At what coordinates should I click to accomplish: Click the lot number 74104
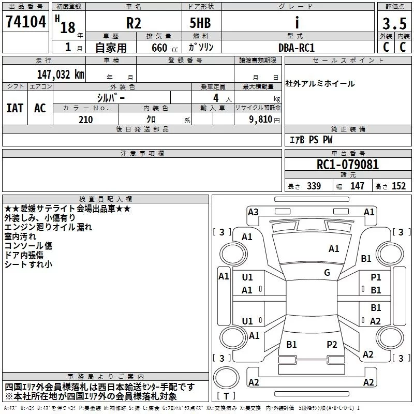point(26,22)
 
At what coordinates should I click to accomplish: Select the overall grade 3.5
point(394,23)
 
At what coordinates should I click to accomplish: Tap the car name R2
point(134,23)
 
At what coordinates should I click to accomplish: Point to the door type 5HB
point(200,23)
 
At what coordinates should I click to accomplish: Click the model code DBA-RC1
point(297,48)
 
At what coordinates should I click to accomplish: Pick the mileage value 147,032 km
point(61,75)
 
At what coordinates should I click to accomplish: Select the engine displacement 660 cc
point(165,48)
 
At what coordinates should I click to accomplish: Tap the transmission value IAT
point(14,108)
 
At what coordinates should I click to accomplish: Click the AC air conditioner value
point(40,108)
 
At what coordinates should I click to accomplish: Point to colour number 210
point(85,120)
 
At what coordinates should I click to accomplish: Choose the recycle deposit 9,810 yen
point(264,120)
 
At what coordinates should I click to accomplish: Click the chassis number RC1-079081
point(347,165)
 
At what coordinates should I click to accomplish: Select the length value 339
point(314,186)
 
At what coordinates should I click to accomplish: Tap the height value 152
point(398,186)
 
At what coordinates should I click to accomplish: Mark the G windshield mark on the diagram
point(327,273)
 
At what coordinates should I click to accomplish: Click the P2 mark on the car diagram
point(332,345)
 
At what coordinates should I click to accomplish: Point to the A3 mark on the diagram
point(253,212)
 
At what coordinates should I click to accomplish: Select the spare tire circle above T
point(226,377)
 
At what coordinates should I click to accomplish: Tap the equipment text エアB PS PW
point(311,140)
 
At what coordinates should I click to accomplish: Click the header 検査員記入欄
point(106,199)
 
